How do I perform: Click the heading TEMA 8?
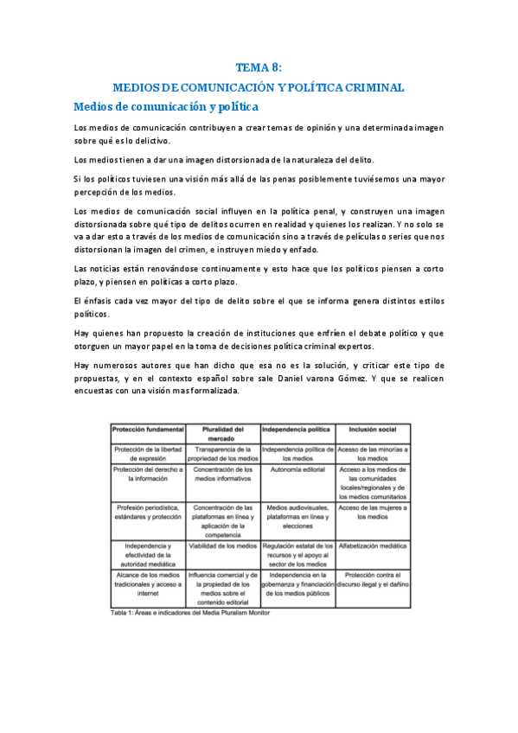[x=259, y=68]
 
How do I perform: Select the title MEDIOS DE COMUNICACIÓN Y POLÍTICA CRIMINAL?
[x=259, y=87]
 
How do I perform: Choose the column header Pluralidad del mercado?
[x=223, y=433]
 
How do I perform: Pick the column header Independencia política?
[x=297, y=429]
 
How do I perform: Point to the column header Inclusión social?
[x=372, y=429]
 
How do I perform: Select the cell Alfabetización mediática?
[x=372, y=546]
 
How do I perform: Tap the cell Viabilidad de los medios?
[x=223, y=546]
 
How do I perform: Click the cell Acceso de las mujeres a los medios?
[x=372, y=512]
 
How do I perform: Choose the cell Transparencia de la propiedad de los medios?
[x=223, y=454]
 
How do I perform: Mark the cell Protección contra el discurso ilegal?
[x=372, y=580]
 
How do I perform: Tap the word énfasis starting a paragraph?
[x=101, y=300]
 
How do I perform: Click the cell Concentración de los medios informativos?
[x=223, y=475]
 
